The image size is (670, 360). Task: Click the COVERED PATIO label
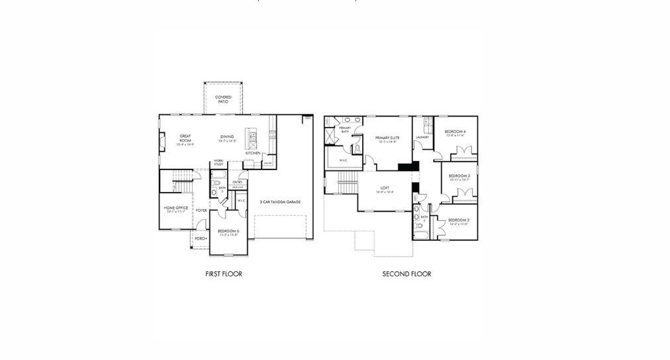point(223,99)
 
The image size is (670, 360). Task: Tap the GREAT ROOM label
point(185,138)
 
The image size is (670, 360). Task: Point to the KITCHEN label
point(253,153)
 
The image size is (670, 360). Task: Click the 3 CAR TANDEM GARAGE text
point(280,201)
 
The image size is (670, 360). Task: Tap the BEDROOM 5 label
point(228,231)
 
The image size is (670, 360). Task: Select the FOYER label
point(201,210)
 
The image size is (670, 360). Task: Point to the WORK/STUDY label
point(218,162)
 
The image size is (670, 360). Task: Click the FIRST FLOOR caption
point(224,274)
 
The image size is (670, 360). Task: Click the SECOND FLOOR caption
point(407,274)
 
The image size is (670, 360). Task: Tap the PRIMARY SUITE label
point(387,138)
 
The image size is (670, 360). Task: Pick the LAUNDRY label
point(422,138)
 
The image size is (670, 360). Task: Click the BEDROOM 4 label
point(455,132)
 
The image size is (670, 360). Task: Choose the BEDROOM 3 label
point(459,176)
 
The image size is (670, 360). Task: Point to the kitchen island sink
point(252,137)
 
